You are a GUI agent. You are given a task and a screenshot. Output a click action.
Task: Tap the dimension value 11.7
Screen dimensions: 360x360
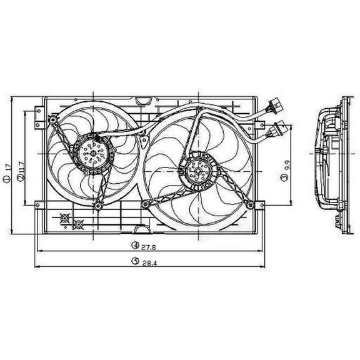pos(21,166)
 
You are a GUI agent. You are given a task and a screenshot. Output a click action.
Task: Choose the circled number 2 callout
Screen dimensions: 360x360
pos(21,179)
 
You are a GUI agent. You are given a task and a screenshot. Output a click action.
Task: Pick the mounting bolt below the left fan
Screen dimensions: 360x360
pos(98,206)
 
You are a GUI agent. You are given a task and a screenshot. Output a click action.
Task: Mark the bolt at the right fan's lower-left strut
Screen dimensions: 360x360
pos(146,204)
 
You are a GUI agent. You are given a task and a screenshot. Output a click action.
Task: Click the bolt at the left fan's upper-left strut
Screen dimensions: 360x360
pos(53,120)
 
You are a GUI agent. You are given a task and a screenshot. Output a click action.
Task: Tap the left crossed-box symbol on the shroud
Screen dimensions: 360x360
pos(64,218)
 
